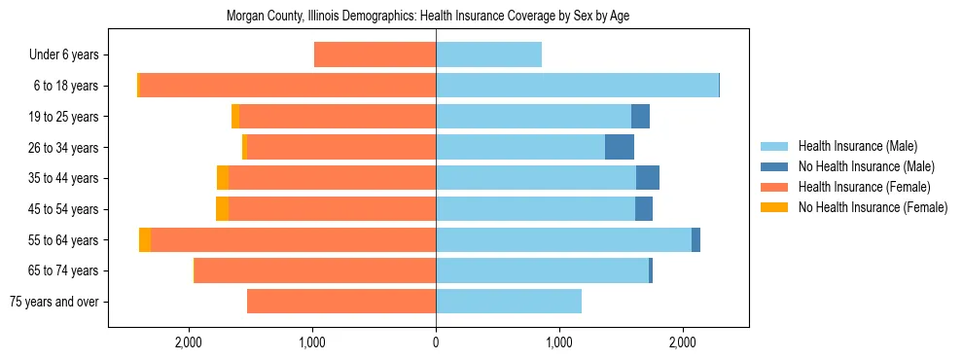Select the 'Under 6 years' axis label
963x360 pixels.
click(70, 54)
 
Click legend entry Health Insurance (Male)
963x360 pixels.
click(857, 146)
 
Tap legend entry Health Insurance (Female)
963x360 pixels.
click(864, 187)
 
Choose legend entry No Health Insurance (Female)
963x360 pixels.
click(873, 207)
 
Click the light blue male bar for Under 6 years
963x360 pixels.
click(488, 54)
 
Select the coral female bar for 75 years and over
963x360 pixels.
click(341, 302)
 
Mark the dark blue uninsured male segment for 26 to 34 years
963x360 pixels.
click(620, 147)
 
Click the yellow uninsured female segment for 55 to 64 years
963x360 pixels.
click(145, 239)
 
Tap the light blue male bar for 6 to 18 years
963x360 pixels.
click(577, 86)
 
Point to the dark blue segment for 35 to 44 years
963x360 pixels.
click(648, 178)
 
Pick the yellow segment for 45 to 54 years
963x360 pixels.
click(223, 209)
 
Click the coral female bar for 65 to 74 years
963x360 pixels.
click(315, 270)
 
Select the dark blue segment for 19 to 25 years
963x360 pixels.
click(640, 117)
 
